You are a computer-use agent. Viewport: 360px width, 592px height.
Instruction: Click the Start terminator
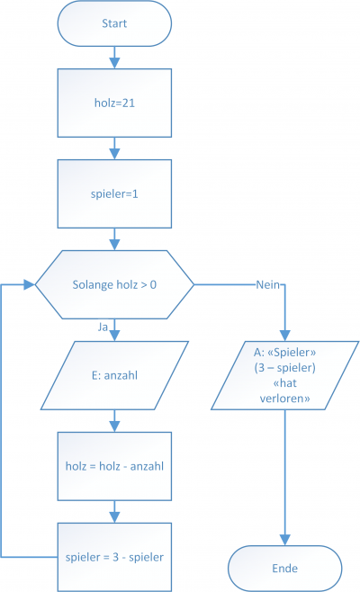point(114,23)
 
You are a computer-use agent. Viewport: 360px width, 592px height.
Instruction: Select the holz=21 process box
point(114,103)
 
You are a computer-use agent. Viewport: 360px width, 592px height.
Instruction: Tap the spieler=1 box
point(114,193)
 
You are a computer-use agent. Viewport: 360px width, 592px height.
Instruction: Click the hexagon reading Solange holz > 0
point(114,284)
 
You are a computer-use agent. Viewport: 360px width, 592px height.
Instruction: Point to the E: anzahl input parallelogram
point(114,375)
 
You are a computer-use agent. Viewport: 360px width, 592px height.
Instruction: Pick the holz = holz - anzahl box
point(114,466)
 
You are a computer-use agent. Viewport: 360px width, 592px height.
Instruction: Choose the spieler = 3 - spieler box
point(114,557)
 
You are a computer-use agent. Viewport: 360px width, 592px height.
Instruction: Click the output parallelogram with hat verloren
point(284,375)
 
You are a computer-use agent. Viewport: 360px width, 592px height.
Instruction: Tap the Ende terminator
point(284,569)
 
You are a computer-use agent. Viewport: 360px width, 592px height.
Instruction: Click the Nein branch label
point(268,284)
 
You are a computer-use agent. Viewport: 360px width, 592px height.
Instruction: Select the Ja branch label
point(103,327)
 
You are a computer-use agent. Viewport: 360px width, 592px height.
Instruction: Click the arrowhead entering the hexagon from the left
point(30,284)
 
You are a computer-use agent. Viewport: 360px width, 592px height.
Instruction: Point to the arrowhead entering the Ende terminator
point(284,541)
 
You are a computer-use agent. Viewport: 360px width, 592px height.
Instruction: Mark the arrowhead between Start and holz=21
point(114,63)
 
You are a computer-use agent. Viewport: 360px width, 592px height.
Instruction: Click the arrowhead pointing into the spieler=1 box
point(114,154)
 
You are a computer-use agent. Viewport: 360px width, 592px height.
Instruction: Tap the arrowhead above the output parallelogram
point(284,336)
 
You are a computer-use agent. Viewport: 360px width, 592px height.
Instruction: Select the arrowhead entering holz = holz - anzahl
point(114,426)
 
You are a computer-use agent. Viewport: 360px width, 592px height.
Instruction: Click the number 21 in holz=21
point(129,103)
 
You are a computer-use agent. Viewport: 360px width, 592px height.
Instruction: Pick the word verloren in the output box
point(284,399)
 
